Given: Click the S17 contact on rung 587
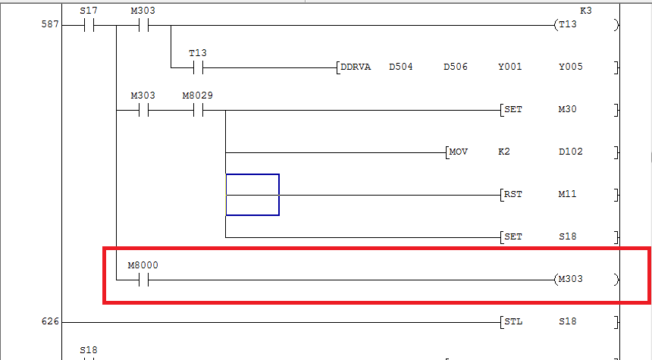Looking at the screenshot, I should pyautogui.click(x=88, y=25).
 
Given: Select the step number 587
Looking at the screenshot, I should pyautogui.click(x=49, y=25).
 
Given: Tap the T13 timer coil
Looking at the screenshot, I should pyautogui.click(x=566, y=25).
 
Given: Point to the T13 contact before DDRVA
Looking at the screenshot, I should pyautogui.click(x=198, y=67).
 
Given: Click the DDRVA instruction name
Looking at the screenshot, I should pyautogui.click(x=356, y=67).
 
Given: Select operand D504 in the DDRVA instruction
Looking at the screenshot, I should pyautogui.click(x=400, y=67).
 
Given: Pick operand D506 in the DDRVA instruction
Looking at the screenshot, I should pyautogui.click(x=455, y=67).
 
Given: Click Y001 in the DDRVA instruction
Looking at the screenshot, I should pyautogui.click(x=509, y=67).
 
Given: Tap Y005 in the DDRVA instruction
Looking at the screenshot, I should pyautogui.click(x=570, y=67).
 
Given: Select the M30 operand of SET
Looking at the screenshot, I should pyautogui.click(x=567, y=110).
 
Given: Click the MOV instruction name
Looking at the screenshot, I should pyautogui.click(x=458, y=152).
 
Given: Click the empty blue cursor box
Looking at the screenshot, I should pyautogui.click(x=252, y=195).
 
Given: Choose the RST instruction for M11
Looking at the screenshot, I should pyautogui.click(x=513, y=194).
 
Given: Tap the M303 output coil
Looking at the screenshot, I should pyautogui.click(x=570, y=280).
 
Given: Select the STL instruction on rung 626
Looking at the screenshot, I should pyautogui.click(x=513, y=322).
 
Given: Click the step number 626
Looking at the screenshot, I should pyautogui.click(x=49, y=322).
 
